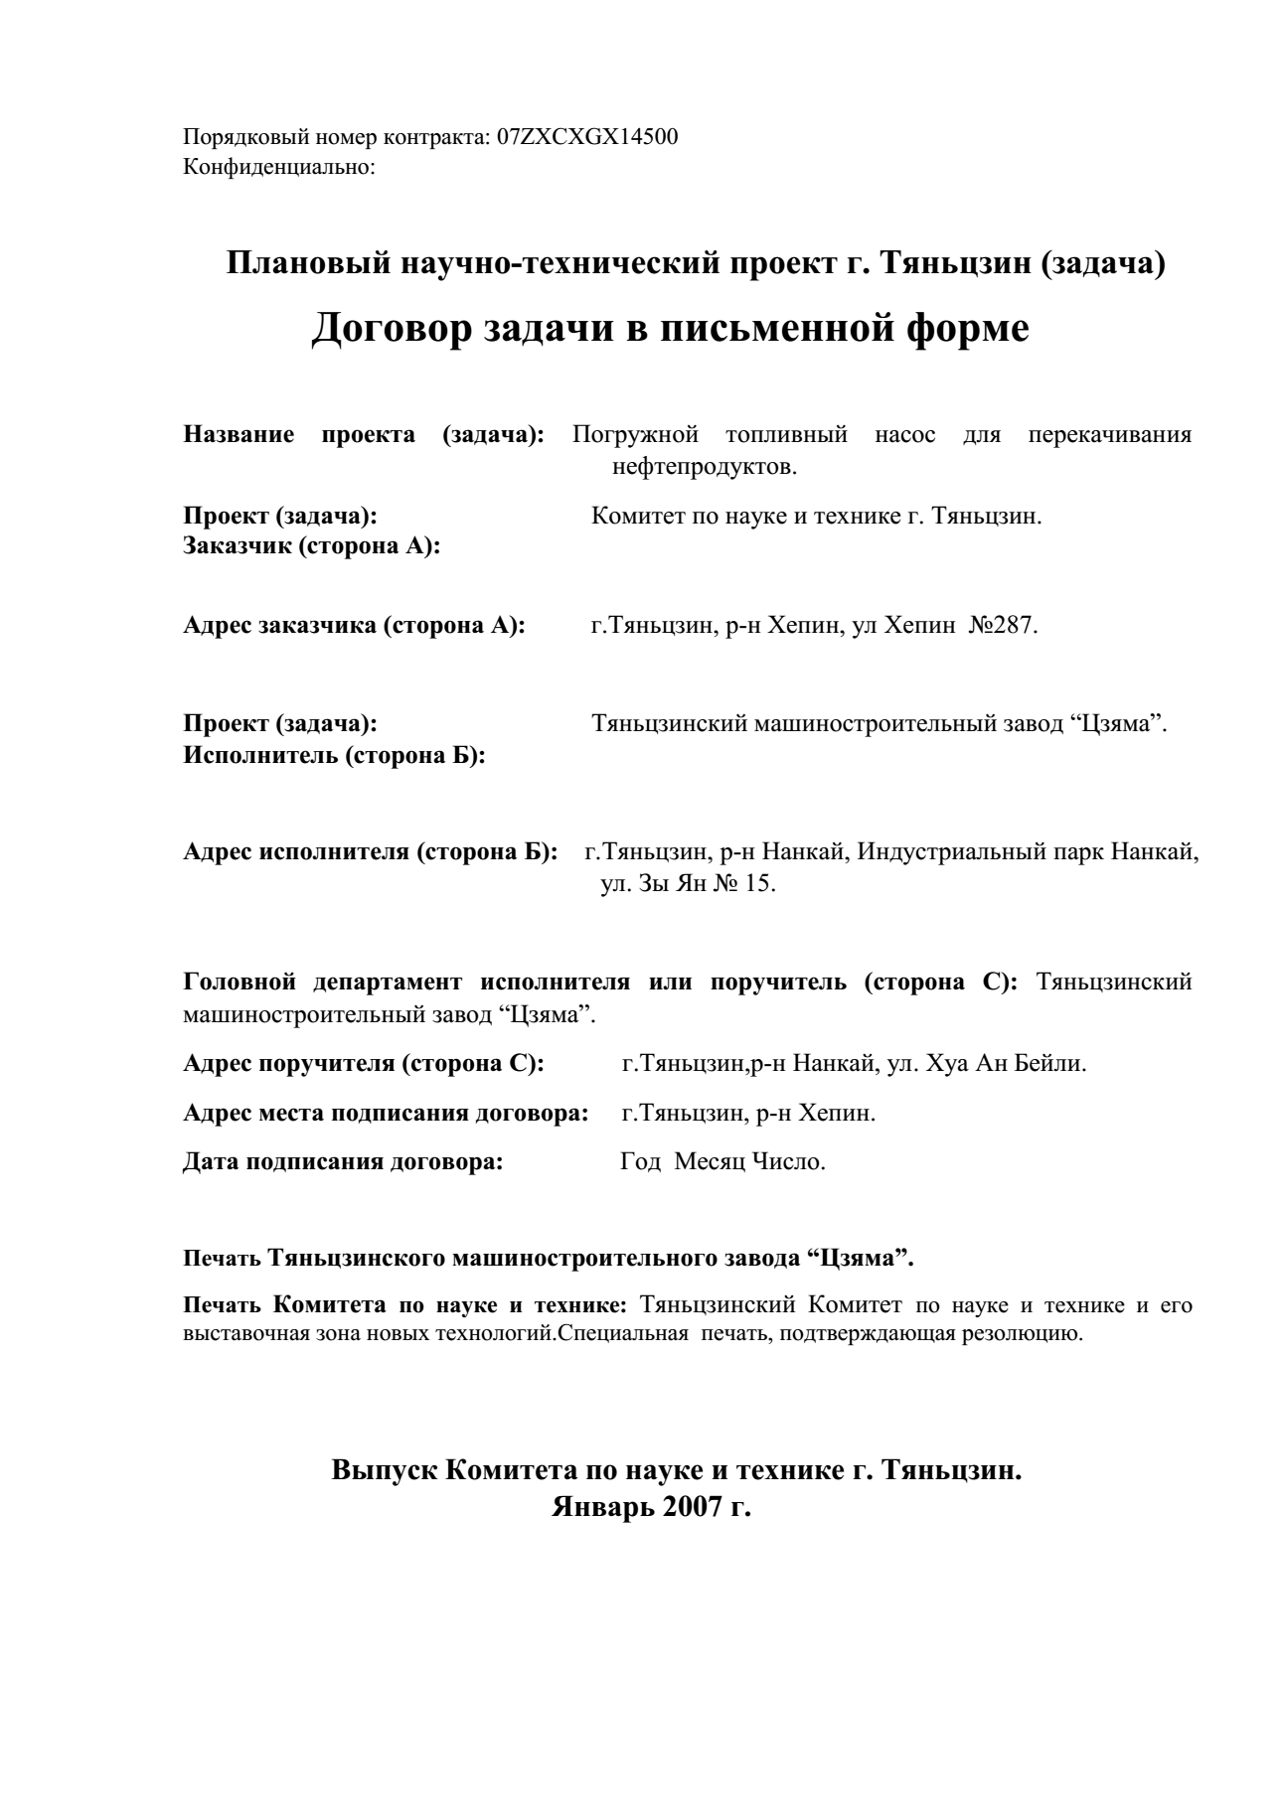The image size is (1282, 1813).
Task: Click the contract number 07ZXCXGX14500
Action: (587, 137)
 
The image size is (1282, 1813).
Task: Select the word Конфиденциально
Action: (277, 166)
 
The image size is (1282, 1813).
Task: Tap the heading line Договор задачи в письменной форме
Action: (670, 328)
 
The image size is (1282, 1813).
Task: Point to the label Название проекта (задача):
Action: (363, 435)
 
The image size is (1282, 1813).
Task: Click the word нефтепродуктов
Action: (705, 465)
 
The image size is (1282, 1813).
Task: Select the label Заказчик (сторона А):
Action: (312, 546)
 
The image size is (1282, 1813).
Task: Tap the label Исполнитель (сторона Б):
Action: (334, 755)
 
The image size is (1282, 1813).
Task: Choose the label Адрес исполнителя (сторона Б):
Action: (370, 852)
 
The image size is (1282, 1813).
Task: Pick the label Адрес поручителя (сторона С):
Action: (364, 1064)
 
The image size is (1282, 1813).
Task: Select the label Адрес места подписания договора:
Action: (386, 1113)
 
